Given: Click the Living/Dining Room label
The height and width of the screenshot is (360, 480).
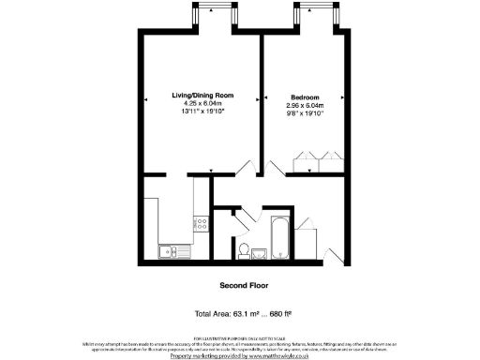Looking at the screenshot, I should tap(202, 97).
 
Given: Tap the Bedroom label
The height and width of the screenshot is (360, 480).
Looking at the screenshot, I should tap(305, 97).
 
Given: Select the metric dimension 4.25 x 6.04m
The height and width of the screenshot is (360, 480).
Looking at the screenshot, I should tap(202, 105).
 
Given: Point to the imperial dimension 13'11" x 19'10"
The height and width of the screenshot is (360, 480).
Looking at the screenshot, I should tap(202, 112).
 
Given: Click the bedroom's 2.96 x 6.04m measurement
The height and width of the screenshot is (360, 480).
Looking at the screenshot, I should tap(305, 105).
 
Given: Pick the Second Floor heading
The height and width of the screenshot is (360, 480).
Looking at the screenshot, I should tap(240, 284).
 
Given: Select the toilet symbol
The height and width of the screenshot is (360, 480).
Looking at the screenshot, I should tap(244, 249).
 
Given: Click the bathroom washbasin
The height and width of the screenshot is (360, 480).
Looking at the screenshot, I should tap(259, 250).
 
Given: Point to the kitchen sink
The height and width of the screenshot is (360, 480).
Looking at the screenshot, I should tap(170, 249).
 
